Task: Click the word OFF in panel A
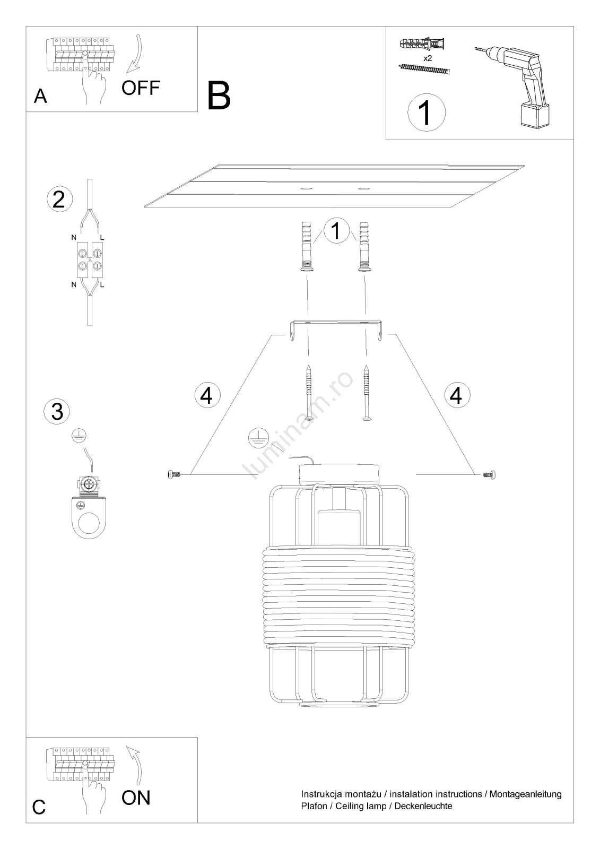[x=141, y=88]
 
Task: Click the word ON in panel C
[x=136, y=798]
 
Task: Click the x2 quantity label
[x=427, y=58]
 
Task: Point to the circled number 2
[x=59, y=199]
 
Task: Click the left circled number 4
[x=207, y=395]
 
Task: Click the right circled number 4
[x=457, y=395]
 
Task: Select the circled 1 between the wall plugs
[x=336, y=231]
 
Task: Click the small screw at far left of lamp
[x=173, y=474]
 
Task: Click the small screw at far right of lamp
[x=489, y=474]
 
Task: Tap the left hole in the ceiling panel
[x=305, y=188]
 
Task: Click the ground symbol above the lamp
[x=258, y=438]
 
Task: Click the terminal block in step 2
[x=90, y=260]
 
